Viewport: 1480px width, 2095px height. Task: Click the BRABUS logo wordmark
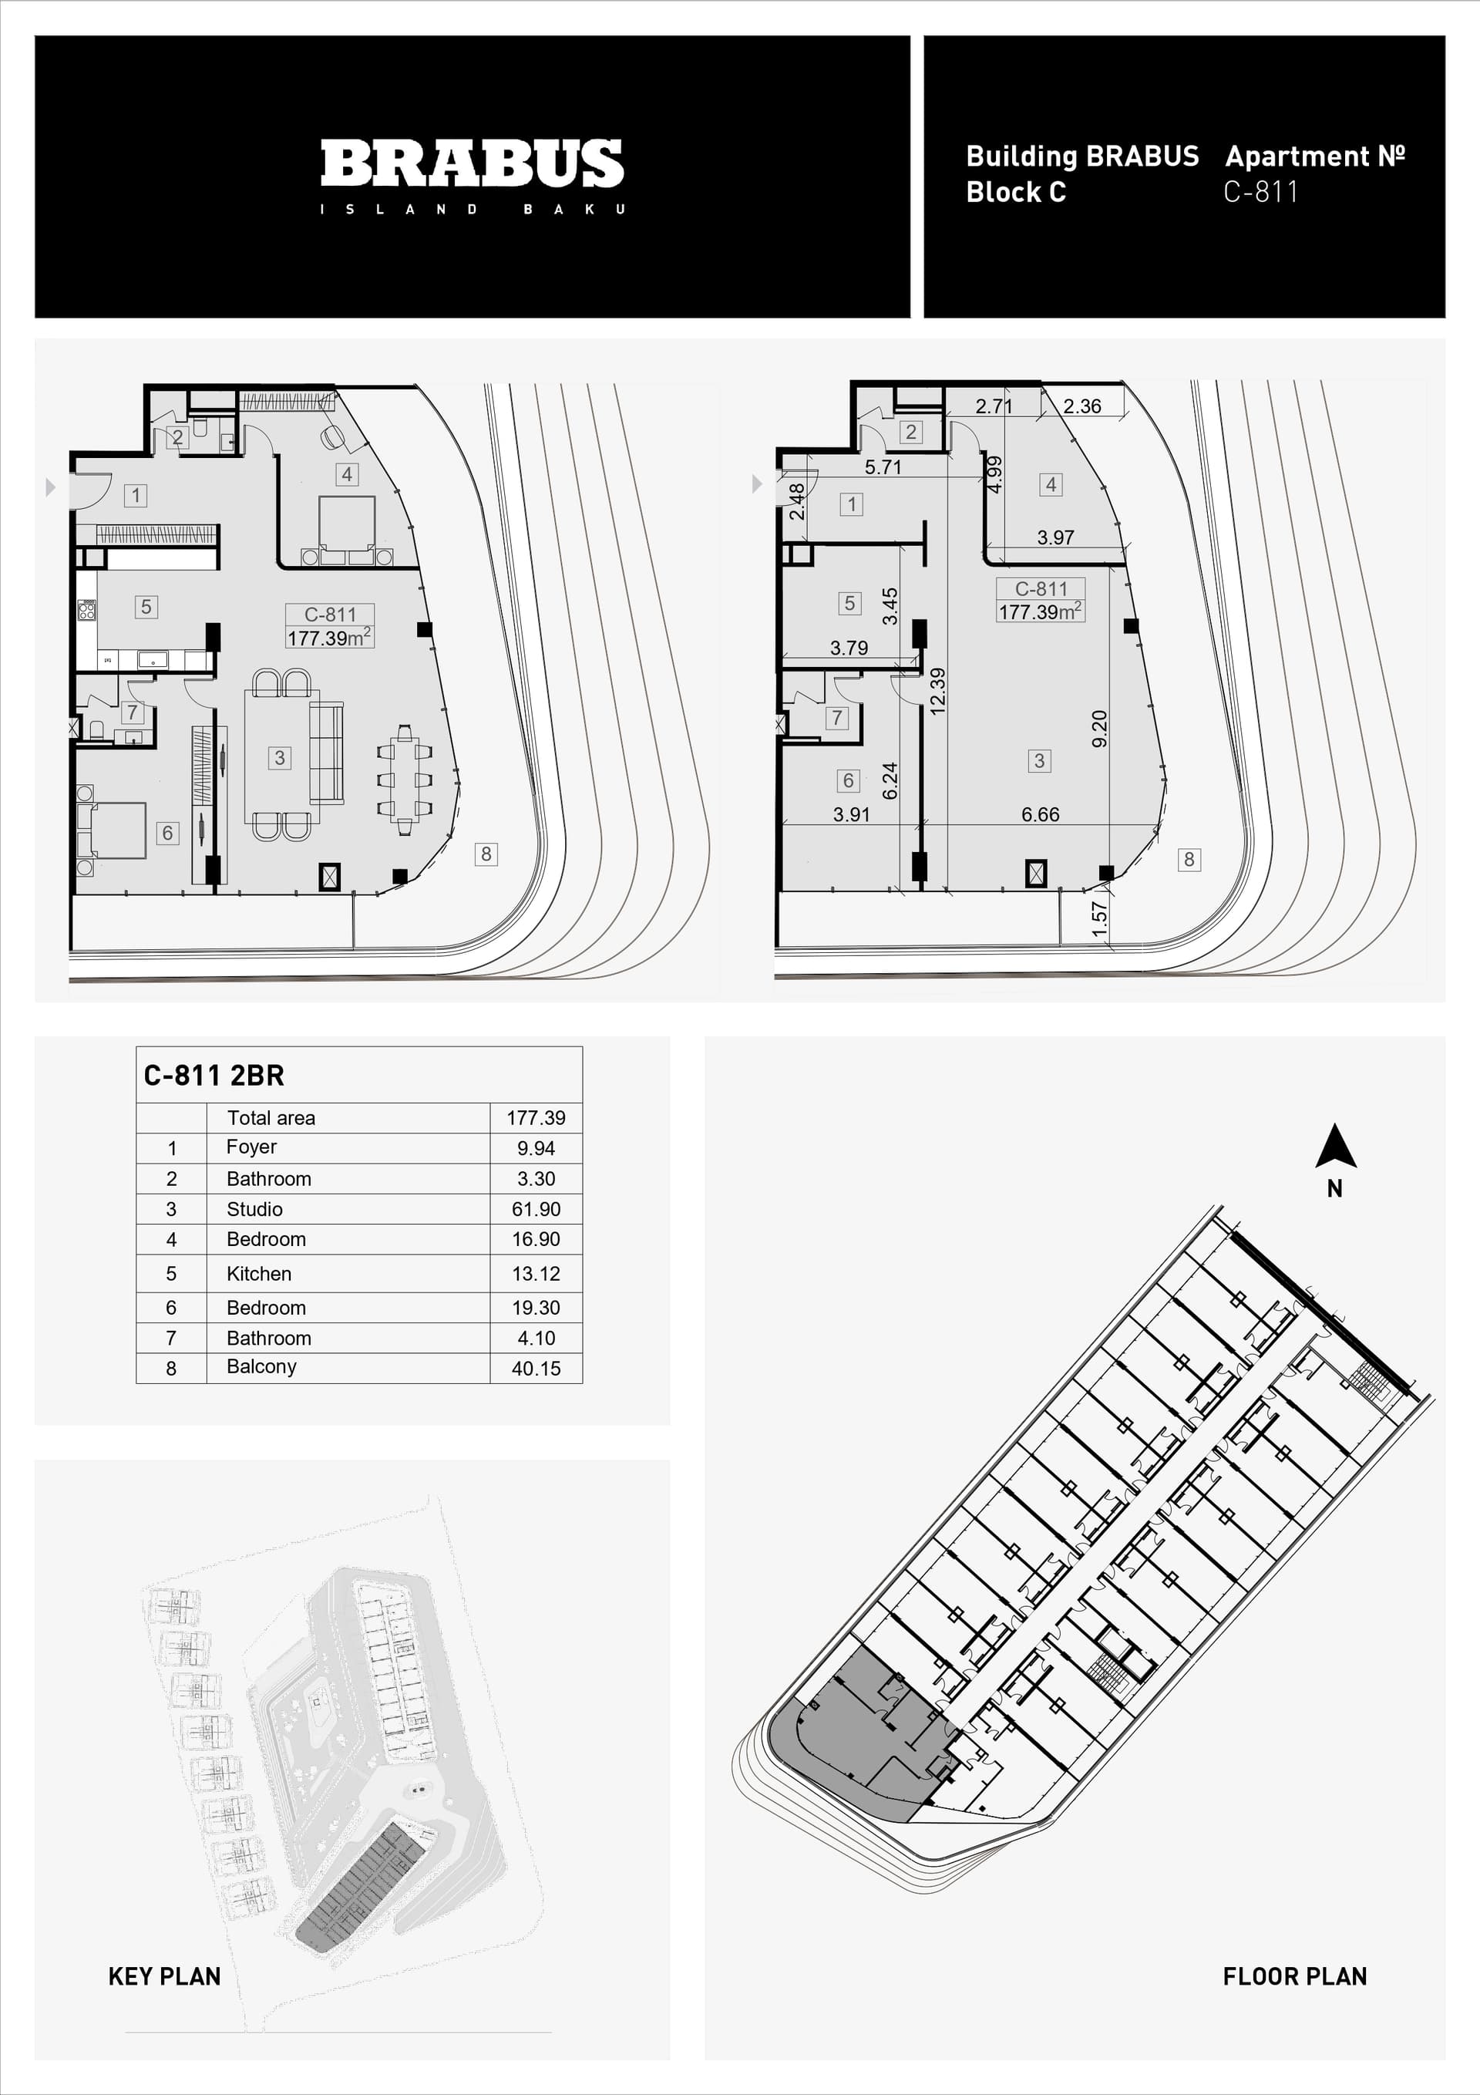click(472, 163)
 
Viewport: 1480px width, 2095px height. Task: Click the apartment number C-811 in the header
click(1260, 192)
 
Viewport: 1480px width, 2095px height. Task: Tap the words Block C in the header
click(1015, 192)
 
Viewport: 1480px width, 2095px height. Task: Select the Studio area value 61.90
click(536, 1209)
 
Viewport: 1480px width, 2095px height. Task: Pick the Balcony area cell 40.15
click(536, 1368)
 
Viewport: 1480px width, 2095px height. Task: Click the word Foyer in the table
click(251, 1147)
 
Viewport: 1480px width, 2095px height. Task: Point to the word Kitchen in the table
click(259, 1274)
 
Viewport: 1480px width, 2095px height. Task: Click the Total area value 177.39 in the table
click(536, 1118)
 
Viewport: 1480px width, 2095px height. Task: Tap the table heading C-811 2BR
click(214, 1076)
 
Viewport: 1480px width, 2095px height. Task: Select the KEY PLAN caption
click(164, 1976)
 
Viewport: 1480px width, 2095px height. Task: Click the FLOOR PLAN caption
click(1295, 1976)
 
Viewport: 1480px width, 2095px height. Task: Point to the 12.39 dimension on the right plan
click(937, 691)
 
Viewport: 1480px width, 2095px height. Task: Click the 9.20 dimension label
click(1099, 728)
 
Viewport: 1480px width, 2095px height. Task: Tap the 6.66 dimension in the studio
click(1040, 815)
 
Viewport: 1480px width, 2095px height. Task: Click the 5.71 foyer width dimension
click(883, 467)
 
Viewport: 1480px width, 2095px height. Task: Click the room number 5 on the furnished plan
click(146, 607)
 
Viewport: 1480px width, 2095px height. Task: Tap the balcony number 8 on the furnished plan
click(486, 854)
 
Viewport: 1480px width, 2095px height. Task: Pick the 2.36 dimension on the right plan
click(1082, 406)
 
